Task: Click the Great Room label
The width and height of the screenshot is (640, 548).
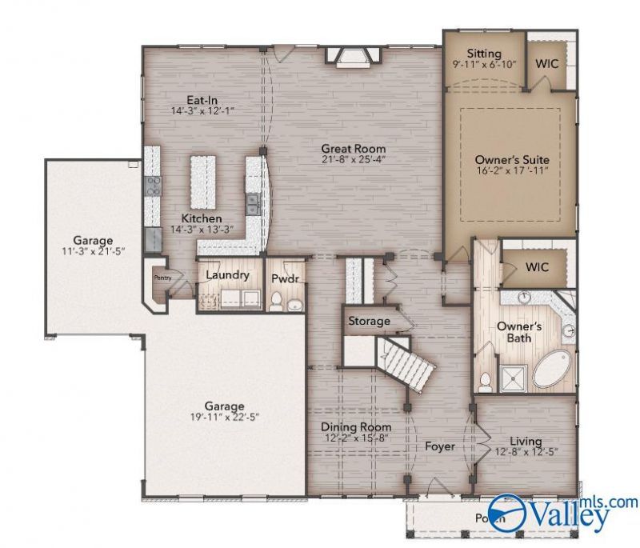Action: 353,149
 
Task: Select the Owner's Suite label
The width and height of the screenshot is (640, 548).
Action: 512,160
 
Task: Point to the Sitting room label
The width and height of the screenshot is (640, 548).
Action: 484,51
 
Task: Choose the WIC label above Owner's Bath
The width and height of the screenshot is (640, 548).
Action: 537,267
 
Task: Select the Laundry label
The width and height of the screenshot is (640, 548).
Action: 227,275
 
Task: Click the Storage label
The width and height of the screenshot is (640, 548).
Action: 369,322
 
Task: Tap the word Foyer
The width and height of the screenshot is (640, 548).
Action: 439,446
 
